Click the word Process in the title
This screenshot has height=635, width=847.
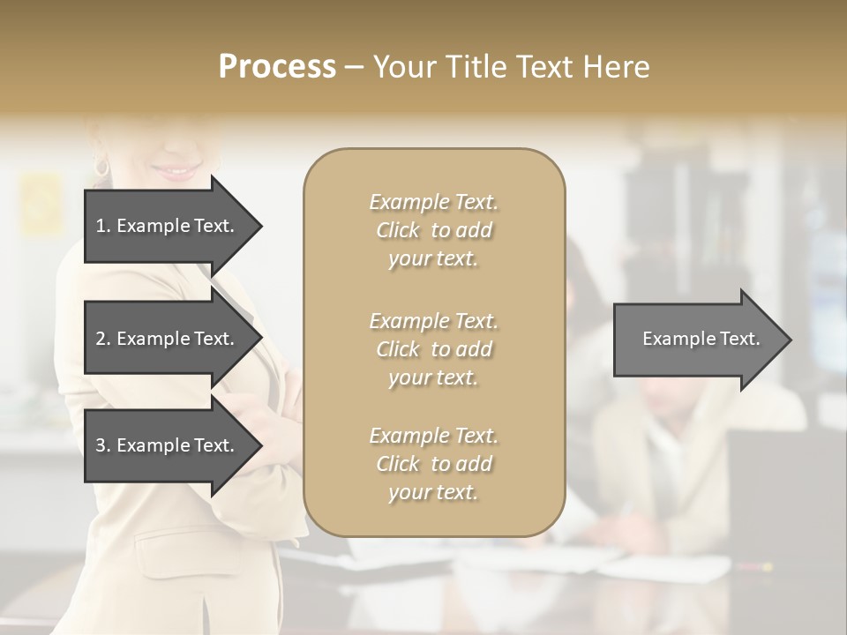pyautogui.click(x=277, y=67)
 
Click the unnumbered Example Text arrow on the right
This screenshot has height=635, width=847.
pyautogui.click(x=697, y=339)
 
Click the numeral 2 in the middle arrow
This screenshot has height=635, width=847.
pyautogui.click(x=101, y=339)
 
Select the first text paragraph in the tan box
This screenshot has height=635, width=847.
pyautogui.click(x=433, y=230)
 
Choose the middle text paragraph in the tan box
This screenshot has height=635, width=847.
pyautogui.click(x=433, y=349)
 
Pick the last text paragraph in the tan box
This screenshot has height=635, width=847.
pyautogui.click(x=433, y=464)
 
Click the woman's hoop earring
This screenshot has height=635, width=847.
pyautogui.click(x=101, y=166)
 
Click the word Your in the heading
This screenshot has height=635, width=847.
pyautogui.click(x=406, y=67)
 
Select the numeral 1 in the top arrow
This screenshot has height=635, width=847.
pyautogui.click(x=100, y=226)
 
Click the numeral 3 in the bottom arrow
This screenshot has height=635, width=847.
pyautogui.click(x=101, y=445)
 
